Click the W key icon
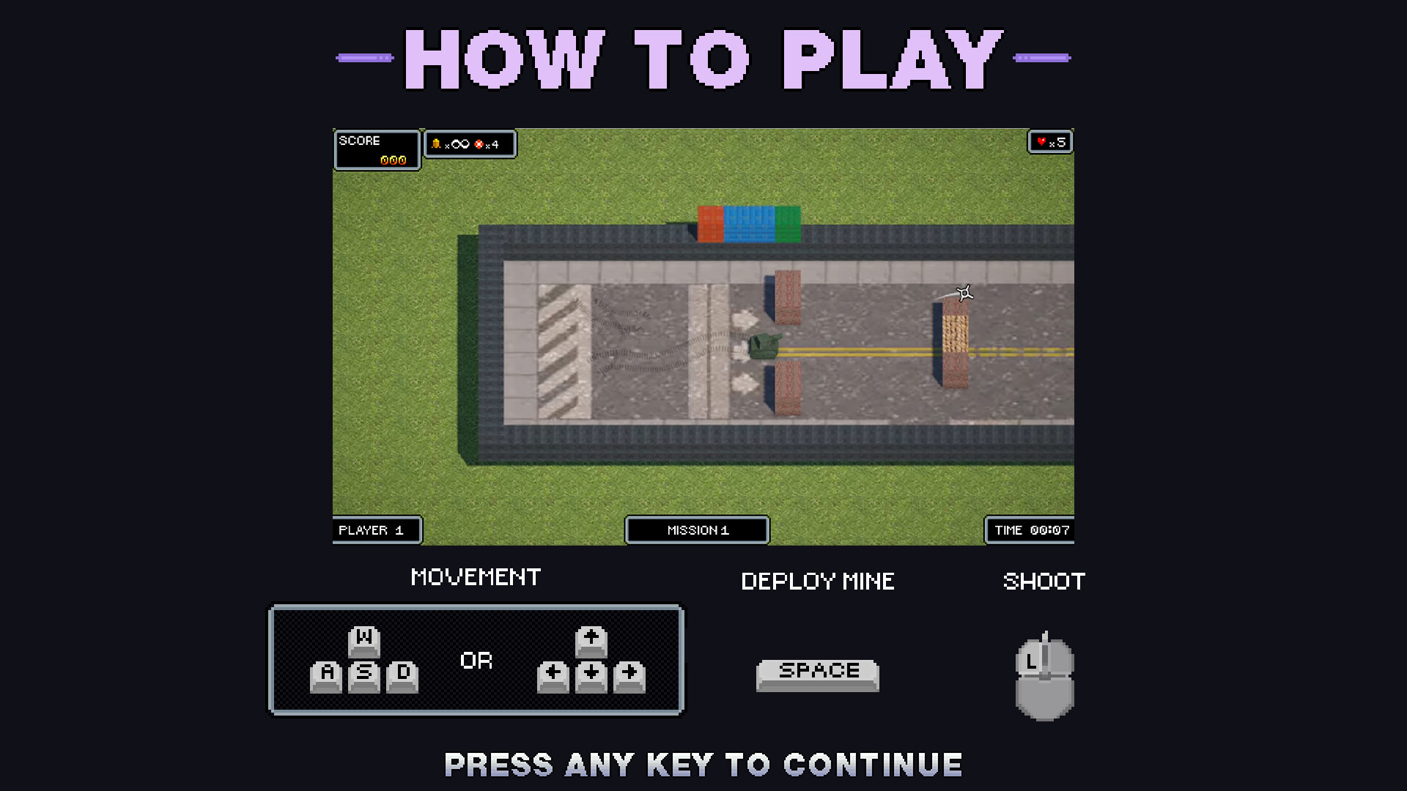[364, 641]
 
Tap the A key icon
[327, 675]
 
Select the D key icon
[402, 675]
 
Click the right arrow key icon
[629, 675]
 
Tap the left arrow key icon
[553, 675]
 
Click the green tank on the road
[764, 346]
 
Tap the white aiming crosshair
[964, 293]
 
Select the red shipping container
[710, 223]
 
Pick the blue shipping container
[749, 223]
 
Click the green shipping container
[788, 223]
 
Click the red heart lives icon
[1041, 141]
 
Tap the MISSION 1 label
[697, 530]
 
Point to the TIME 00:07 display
[1031, 530]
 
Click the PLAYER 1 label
[372, 530]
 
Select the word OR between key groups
[476, 661]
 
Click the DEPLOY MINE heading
[818, 582]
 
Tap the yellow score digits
[393, 160]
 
